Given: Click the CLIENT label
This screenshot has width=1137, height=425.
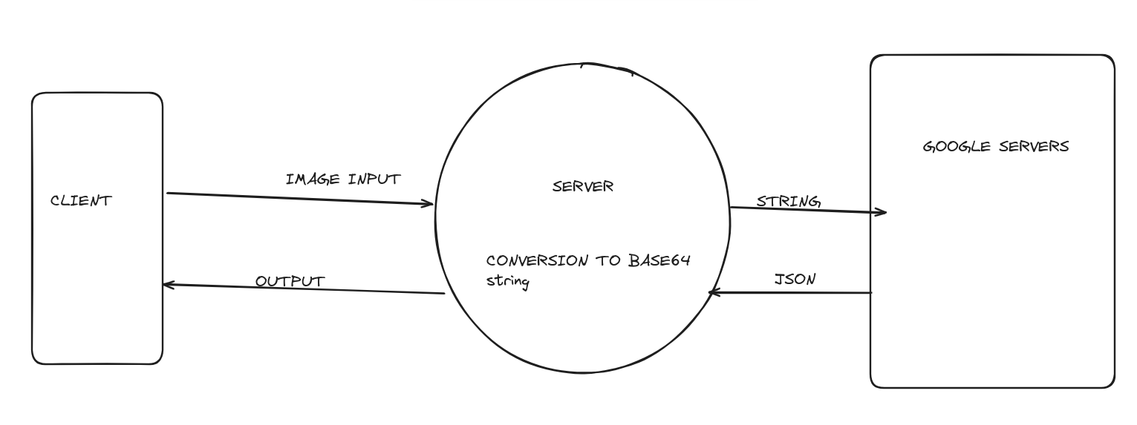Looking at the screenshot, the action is (81, 200).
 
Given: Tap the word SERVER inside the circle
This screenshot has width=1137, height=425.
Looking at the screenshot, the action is (583, 186).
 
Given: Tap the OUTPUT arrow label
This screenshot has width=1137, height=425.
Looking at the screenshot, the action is (290, 282).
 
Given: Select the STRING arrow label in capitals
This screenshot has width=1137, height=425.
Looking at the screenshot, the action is (788, 201).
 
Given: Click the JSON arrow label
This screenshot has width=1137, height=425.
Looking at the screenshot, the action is (795, 280).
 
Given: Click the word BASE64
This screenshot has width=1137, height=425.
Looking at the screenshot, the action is (659, 260).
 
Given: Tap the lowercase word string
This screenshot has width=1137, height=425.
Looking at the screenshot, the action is (507, 282).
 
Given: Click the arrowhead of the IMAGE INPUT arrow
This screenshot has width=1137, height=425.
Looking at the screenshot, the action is (429, 202).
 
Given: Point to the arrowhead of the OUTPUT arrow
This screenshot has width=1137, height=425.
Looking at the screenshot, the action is (166, 285).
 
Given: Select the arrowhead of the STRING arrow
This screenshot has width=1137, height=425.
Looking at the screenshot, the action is (882, 212).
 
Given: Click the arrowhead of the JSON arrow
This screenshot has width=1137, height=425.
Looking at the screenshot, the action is (714, 292).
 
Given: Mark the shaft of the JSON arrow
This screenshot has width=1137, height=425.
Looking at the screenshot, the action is (795, 292).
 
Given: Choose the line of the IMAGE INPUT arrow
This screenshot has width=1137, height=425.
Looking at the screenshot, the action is (297, 198).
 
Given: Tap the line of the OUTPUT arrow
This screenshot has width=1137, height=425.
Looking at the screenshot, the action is (304, 289).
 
